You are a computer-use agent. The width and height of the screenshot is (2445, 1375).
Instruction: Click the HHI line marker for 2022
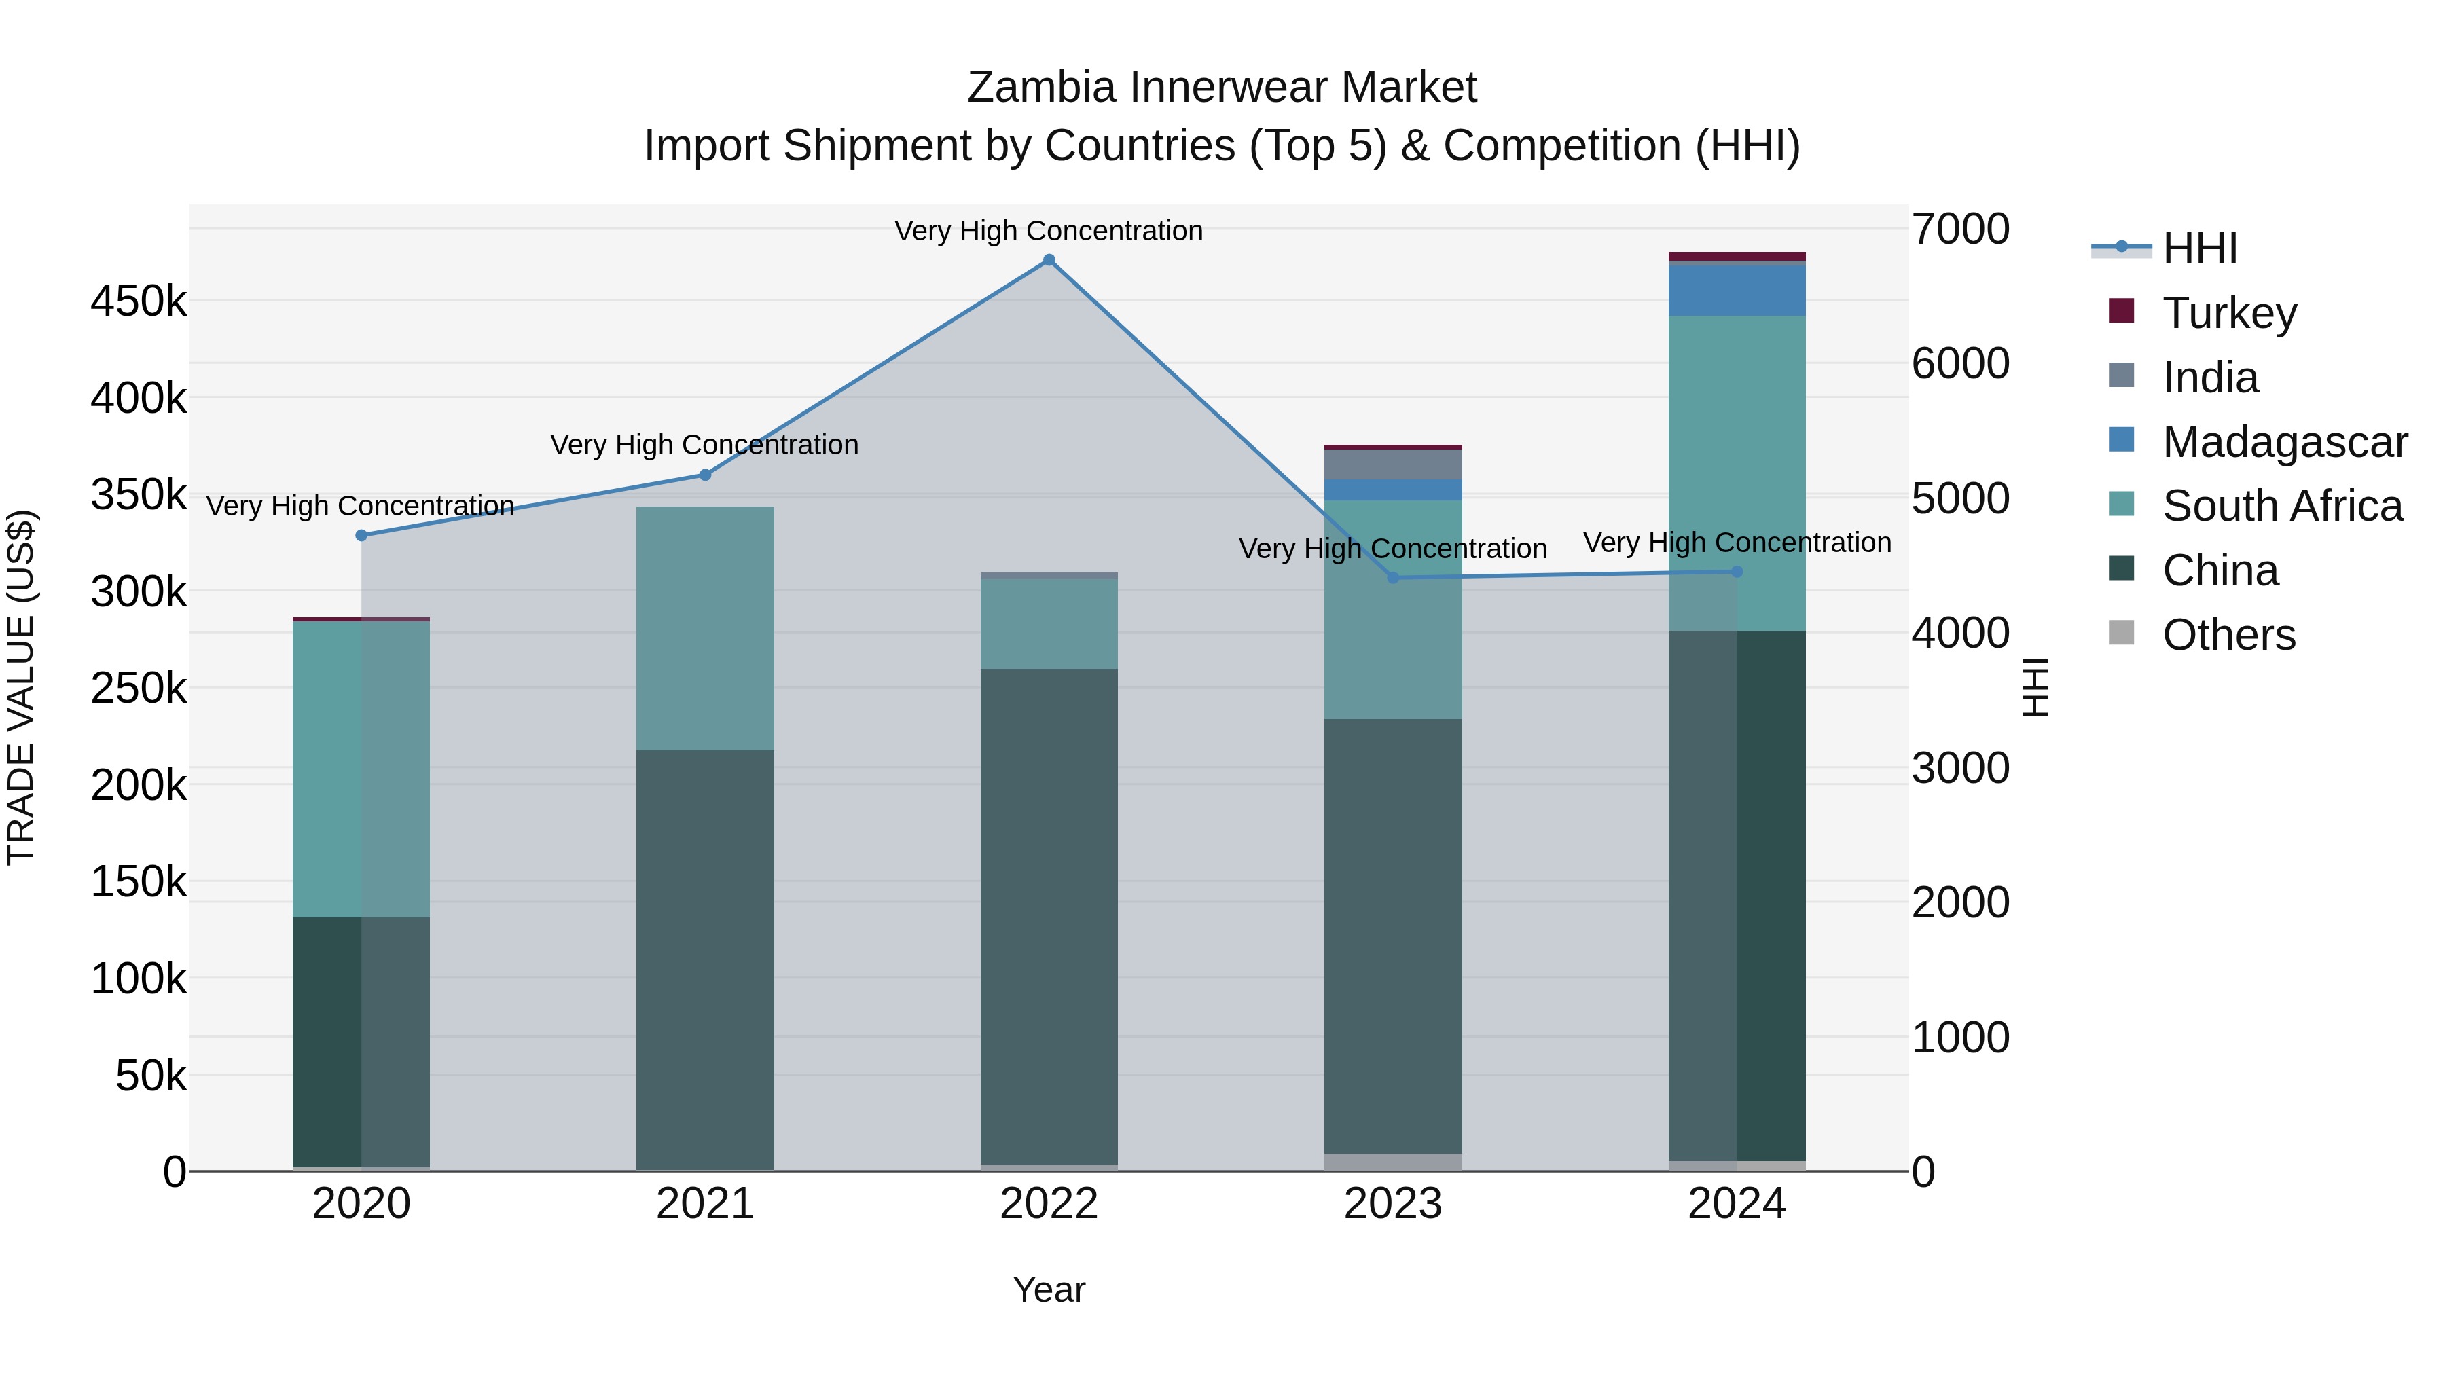click(x=1049, y=260)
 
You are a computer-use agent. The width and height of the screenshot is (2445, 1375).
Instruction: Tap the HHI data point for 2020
click(x=361, y=535)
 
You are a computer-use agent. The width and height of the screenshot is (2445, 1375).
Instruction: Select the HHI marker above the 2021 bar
click(x=705, y=475)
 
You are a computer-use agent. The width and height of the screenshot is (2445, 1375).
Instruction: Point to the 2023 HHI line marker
click(x=1394, y=578)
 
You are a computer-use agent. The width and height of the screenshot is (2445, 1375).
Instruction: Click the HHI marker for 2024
click(x=1737, y=571)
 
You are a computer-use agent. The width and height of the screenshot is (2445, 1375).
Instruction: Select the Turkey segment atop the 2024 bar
click(x=1737, y=256)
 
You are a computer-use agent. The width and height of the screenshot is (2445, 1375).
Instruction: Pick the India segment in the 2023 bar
click(x=1394, y=464)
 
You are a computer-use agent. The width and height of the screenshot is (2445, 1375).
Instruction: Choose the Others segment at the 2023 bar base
click(x=1394, y=1162)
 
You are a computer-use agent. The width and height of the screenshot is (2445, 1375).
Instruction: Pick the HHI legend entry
click(x=2200, y=249)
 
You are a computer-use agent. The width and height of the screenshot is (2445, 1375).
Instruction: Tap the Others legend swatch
click(x=2121, y=633)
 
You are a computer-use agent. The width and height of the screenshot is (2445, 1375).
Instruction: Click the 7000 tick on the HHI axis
click(x=1960, y=230)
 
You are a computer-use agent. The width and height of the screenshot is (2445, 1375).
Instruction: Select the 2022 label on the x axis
click(x=1049, y=1204)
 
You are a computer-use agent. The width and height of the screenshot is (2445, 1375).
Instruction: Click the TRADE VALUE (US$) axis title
click(x=21, y=687)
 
